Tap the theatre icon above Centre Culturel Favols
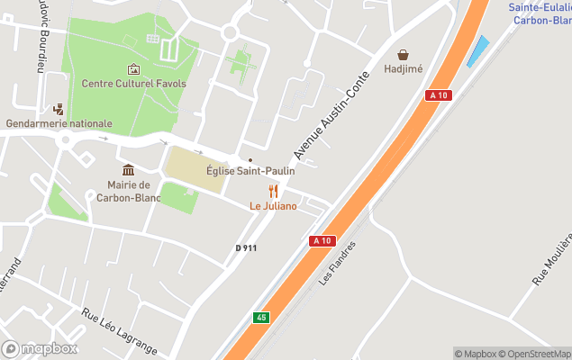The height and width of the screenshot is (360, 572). point(133,68)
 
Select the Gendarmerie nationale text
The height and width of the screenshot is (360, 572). point(59,123)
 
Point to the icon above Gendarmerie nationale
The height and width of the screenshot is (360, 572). point(59,109)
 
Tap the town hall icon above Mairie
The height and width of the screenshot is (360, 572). point(128,170)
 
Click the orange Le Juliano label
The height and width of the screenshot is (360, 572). point(273,206)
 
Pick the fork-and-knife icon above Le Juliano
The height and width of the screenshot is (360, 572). point(273,191)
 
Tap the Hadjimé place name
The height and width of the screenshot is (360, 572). point(404,68)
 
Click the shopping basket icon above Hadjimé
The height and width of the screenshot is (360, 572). point(404,54)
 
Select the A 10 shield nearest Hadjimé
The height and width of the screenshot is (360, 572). point(439,95)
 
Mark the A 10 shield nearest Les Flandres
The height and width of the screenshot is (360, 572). point(322,240)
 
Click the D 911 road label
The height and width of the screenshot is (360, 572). point(246,247)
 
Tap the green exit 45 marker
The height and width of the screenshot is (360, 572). point(261,317)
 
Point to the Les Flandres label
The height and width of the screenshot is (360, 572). point(338,263)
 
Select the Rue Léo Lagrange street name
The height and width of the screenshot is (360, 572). point(119,332)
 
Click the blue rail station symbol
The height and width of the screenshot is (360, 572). point(477,50)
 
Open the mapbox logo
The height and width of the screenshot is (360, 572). point(40,348)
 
